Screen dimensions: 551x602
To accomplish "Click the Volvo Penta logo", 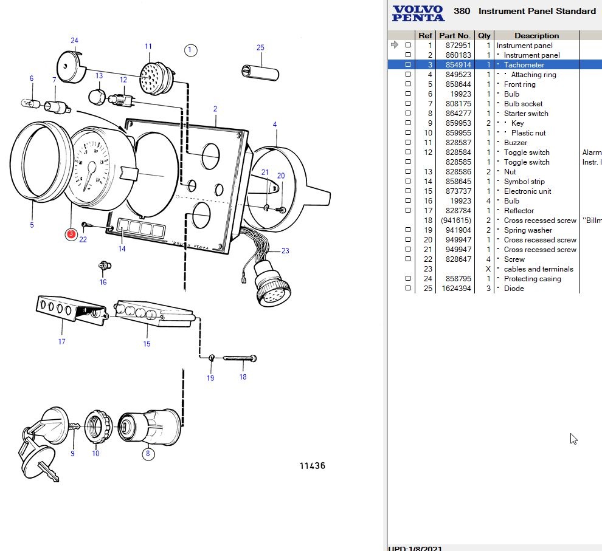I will (x=418, y=13).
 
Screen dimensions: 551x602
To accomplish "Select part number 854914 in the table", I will (x=454, y=65).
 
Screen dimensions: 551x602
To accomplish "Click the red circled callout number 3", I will (x=71, y=233).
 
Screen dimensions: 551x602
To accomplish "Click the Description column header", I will (x=536, y=36).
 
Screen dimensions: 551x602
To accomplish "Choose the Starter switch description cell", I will (x=526, y=114).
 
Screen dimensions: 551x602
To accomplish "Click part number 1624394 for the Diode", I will (x=454, y=289).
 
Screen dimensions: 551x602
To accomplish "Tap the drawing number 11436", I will (x=312, y=466).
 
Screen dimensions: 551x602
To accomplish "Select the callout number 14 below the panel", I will (x=122, y=248).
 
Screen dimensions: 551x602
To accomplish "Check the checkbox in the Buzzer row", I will (x=408, y=143).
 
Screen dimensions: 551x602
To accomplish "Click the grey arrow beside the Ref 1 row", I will (x=394, y=45).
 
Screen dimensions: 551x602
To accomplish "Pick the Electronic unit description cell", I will (x=527, y=191).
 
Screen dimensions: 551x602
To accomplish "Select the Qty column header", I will (x=484, y=36).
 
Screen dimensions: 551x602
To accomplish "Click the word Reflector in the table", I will (x=519, y=211).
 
